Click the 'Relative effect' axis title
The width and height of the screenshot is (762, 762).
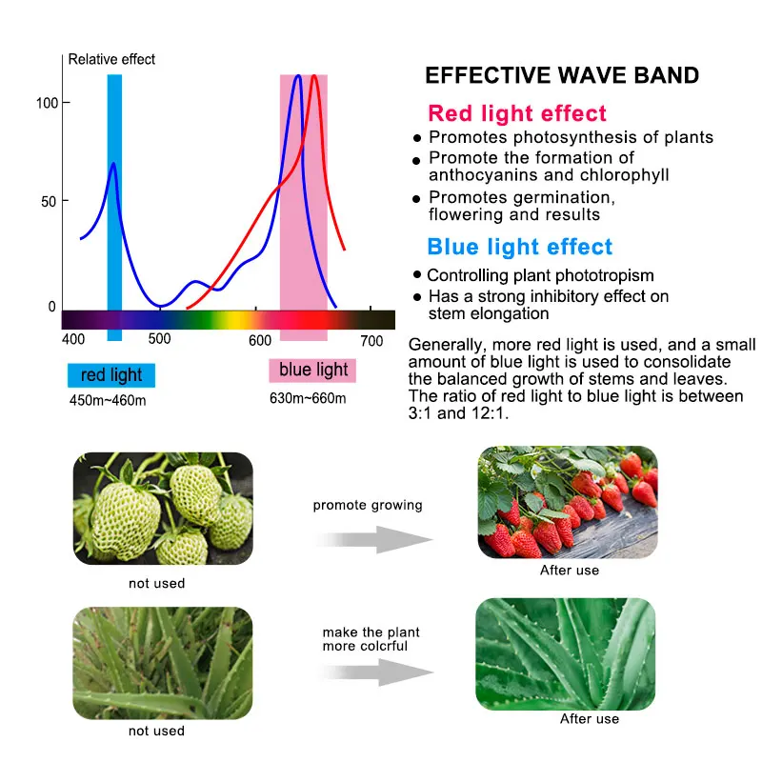pyautogui.click(x=111, y=59)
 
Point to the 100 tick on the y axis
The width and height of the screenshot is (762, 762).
pyautogui.click(x=46, y=102)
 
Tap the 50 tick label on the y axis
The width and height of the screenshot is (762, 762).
pyautogui.click(x=46, y=201)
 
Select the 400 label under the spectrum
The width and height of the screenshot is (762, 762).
pyautogui.click(x=73, y=340)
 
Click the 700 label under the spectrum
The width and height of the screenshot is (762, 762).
pyautogui.click(x=371, y=340)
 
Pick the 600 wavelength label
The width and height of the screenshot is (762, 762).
pyautogui.click(x=260, y=340)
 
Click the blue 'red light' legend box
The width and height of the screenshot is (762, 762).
pyautogui.click(x=111, y=375)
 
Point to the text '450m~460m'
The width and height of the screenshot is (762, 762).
pyautogui.click(x=108, y=399)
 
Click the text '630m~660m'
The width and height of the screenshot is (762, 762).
pyautogui.click(x=308, y=397)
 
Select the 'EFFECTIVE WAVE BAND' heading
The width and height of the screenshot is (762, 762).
pyautogui.click(x=562, y=76)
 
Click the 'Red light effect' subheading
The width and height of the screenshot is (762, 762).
pyautogui.click(x=517, y=114)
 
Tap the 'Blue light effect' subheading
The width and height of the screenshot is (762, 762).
pyautogui.click(x=520, y=248)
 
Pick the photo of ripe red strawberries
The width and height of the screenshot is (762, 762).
pyautogui.click(x=567, y=502)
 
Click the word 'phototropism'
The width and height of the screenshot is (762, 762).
pyautogui.click(x=604, y=275)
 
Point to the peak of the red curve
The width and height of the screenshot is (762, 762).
pyautogui.click(x=314, y=75)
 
